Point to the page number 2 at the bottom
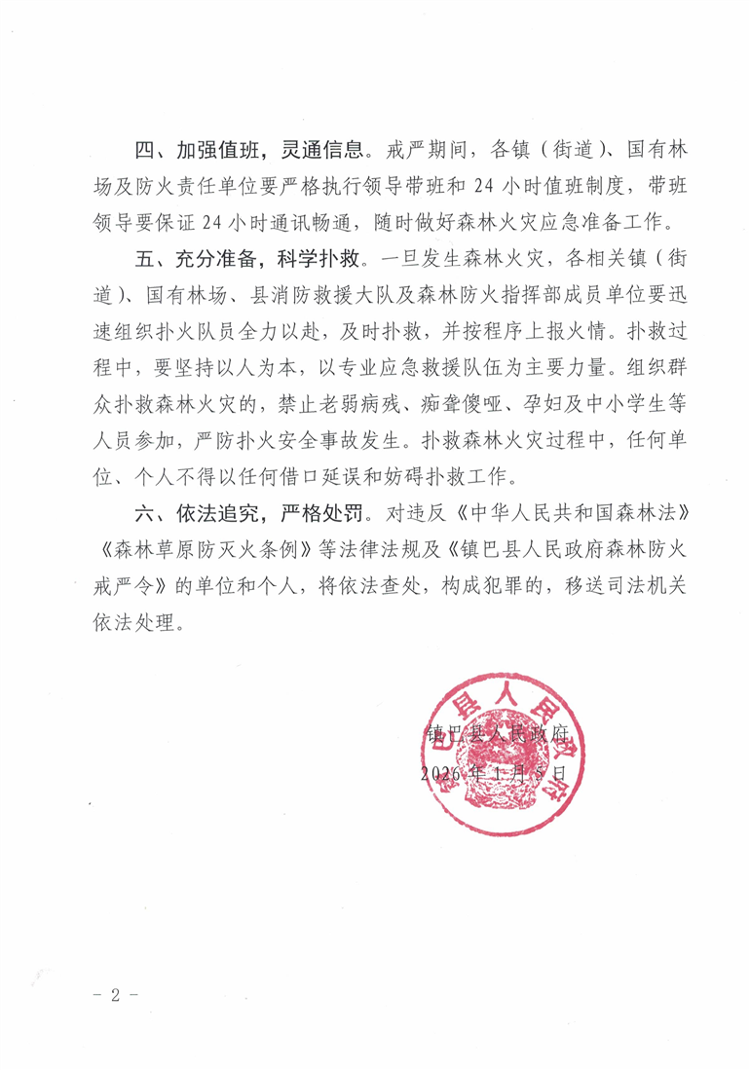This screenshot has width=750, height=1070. (114, 995)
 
